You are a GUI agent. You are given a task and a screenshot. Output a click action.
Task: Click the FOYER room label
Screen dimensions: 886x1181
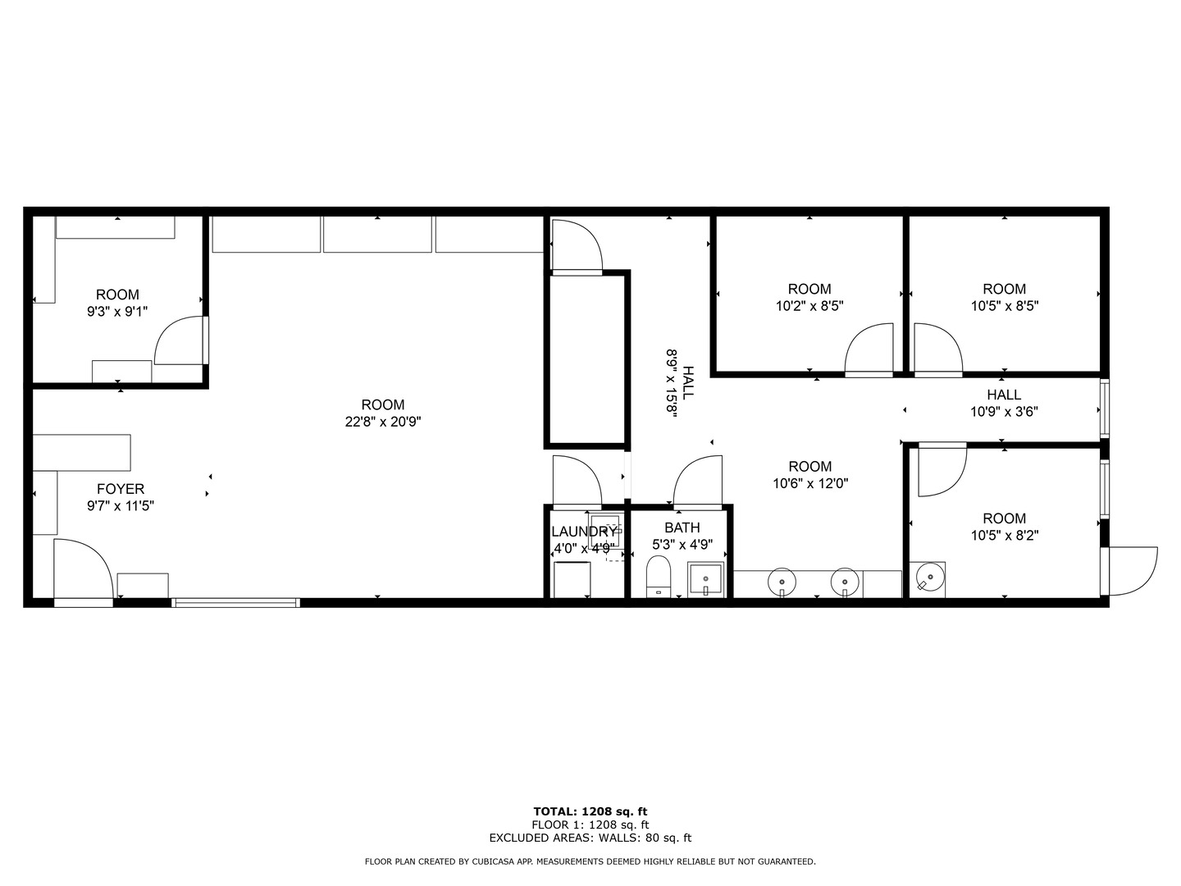[121, 490]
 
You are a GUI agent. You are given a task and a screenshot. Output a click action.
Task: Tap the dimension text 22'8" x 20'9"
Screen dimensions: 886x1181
[383, 422]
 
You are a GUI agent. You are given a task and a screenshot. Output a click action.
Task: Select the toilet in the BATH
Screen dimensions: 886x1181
[659, 577]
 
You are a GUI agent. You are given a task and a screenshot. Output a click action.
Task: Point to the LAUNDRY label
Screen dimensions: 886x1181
[583, 532]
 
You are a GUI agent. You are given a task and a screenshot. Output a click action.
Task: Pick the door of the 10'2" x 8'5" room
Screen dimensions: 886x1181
[869, 350]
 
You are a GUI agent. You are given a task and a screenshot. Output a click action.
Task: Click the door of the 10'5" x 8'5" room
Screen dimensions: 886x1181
[937, 350]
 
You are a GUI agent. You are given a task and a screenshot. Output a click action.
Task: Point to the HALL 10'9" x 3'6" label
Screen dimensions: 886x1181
[1004, 404]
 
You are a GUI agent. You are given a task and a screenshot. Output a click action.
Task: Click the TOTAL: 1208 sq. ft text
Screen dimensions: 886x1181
[590, 811]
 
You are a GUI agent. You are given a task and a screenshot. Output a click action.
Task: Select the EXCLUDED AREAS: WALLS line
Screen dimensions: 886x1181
[590, 838]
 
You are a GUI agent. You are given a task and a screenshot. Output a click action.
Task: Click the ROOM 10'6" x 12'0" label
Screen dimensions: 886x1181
[810, 475]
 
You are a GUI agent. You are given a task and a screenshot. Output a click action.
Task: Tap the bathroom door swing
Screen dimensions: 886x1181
[698, 481]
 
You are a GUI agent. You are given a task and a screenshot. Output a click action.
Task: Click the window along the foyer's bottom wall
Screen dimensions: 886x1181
[235, 603]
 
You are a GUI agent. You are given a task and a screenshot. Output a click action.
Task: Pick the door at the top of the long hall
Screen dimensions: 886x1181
[577, 245]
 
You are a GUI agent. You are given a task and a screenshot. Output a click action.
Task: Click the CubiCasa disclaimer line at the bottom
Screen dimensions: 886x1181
[590, 861]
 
